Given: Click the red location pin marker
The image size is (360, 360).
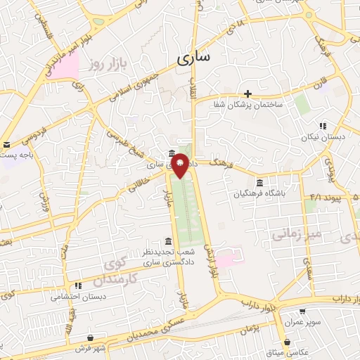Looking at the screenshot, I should tap(181, 165).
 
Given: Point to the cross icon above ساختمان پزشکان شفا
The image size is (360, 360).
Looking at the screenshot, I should tap(247, 93).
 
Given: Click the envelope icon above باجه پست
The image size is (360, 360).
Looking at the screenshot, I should tap(6, 143).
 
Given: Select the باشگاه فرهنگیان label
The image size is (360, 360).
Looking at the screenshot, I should tap(261, 193).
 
